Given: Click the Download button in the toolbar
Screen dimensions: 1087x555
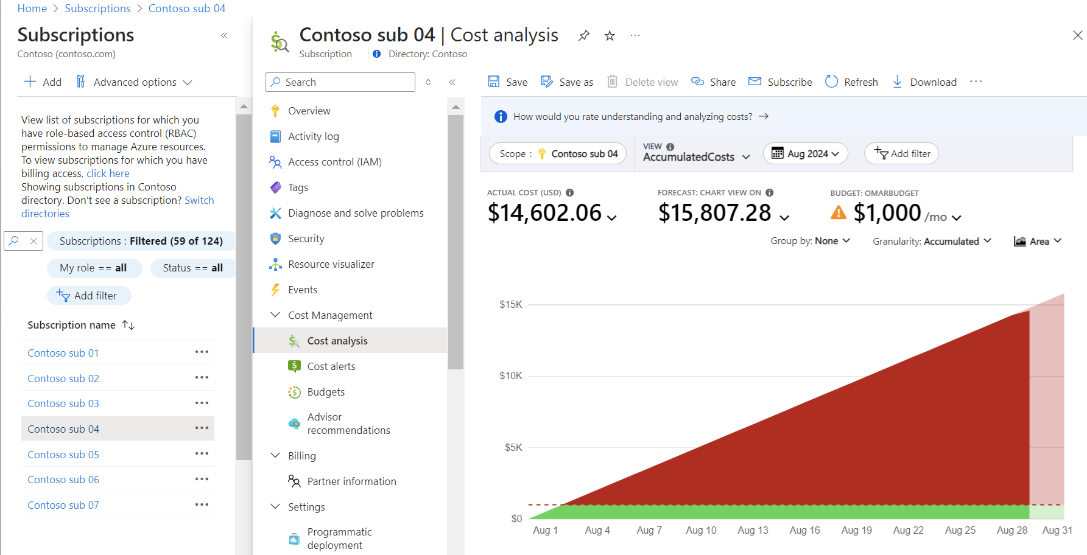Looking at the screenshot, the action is pos(924,82).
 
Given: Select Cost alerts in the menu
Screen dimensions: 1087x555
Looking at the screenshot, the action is pos(331,366).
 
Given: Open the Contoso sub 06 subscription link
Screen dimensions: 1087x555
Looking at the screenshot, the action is pos(63,480).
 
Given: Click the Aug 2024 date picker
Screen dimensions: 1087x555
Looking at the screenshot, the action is pos(805,154).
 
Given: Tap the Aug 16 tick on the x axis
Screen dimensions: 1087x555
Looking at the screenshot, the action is pos(804,530).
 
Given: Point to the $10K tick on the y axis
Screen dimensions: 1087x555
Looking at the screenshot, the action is pos(510,375).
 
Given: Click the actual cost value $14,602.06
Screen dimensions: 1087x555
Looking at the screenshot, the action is pos(544,213).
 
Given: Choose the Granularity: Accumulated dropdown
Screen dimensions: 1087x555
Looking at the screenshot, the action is pos(932,242).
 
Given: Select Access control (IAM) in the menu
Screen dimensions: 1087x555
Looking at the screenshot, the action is pos(334,162).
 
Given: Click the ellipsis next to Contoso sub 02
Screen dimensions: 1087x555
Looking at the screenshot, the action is pos(202,378).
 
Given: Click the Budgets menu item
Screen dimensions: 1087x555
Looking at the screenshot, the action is pos(326,392).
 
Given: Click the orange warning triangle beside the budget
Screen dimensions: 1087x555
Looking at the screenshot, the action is pos(839,213).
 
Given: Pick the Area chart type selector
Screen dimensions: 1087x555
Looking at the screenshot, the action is pos(1038,242).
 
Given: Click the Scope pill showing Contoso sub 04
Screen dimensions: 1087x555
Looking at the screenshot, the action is pos(557,154).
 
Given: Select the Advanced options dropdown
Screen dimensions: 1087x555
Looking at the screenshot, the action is pos(134,82).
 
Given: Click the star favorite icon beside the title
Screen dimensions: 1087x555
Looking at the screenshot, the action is pos(610,36).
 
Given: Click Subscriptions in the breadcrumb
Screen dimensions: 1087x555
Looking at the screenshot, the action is pos(97,9).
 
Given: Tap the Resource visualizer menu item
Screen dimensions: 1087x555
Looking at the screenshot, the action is pos(331,264).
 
